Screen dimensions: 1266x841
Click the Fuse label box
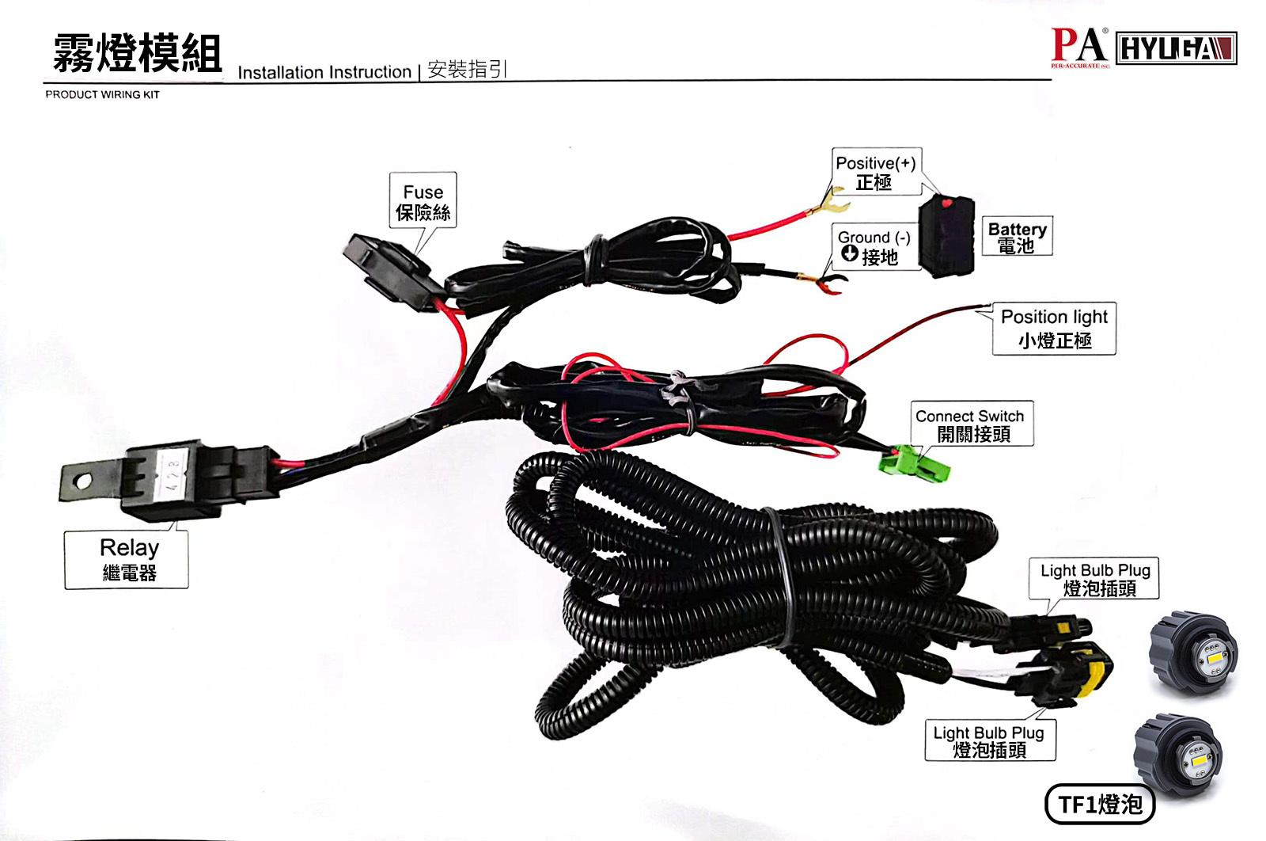423,201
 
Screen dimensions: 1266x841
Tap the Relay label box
127,559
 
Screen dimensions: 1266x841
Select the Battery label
1017,236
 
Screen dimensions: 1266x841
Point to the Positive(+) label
875,171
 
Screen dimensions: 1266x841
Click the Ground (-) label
874,246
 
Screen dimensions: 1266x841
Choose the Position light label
1054,328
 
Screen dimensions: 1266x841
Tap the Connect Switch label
971,424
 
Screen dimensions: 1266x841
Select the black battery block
946,236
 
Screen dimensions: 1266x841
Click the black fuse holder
388,265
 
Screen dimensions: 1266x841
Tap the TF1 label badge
1100,805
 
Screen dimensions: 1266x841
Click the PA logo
1078,46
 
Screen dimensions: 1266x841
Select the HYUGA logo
1176,48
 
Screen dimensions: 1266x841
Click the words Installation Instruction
324,72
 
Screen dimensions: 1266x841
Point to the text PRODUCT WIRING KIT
102,94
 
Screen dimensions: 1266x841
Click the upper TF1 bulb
1193,653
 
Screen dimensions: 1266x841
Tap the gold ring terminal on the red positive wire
829,204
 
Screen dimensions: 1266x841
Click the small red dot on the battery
947,204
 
